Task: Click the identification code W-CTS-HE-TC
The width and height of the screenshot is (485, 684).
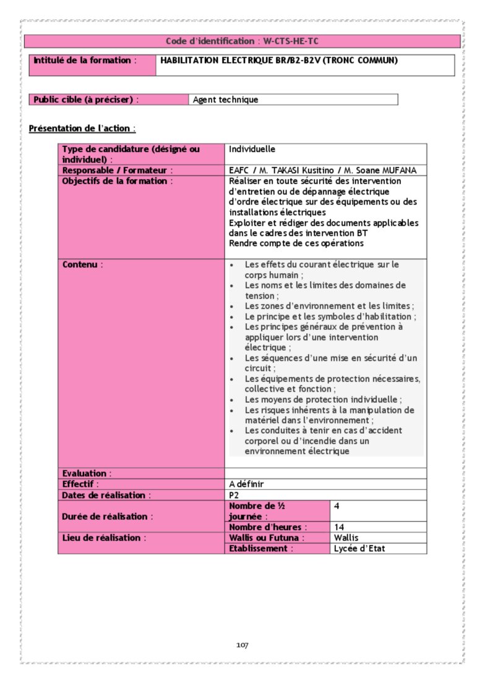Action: pos(291,41)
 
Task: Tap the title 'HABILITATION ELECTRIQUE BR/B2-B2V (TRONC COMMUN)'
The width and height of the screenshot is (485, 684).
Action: pos(278,61)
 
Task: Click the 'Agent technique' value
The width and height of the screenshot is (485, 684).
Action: pos(225,99)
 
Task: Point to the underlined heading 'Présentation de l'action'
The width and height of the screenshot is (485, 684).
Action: pos(82,129)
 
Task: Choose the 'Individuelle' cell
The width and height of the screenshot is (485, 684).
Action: pos(252,149)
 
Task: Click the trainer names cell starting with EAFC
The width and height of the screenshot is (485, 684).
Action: pos(322,170)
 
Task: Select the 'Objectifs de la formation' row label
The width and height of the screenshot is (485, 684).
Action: pos(117,181)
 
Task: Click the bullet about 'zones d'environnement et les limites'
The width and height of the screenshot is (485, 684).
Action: pos(328,306)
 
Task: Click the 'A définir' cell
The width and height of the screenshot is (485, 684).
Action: pos(246,484)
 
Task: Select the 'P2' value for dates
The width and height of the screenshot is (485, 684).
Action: pos(234,495)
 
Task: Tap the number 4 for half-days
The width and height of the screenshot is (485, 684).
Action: pos(337,505)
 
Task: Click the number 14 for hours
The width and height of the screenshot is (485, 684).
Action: pos(339,527)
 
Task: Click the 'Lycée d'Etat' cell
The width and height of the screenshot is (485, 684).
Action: pos(359,548)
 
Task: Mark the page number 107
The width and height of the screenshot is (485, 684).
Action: pos(242,645)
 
